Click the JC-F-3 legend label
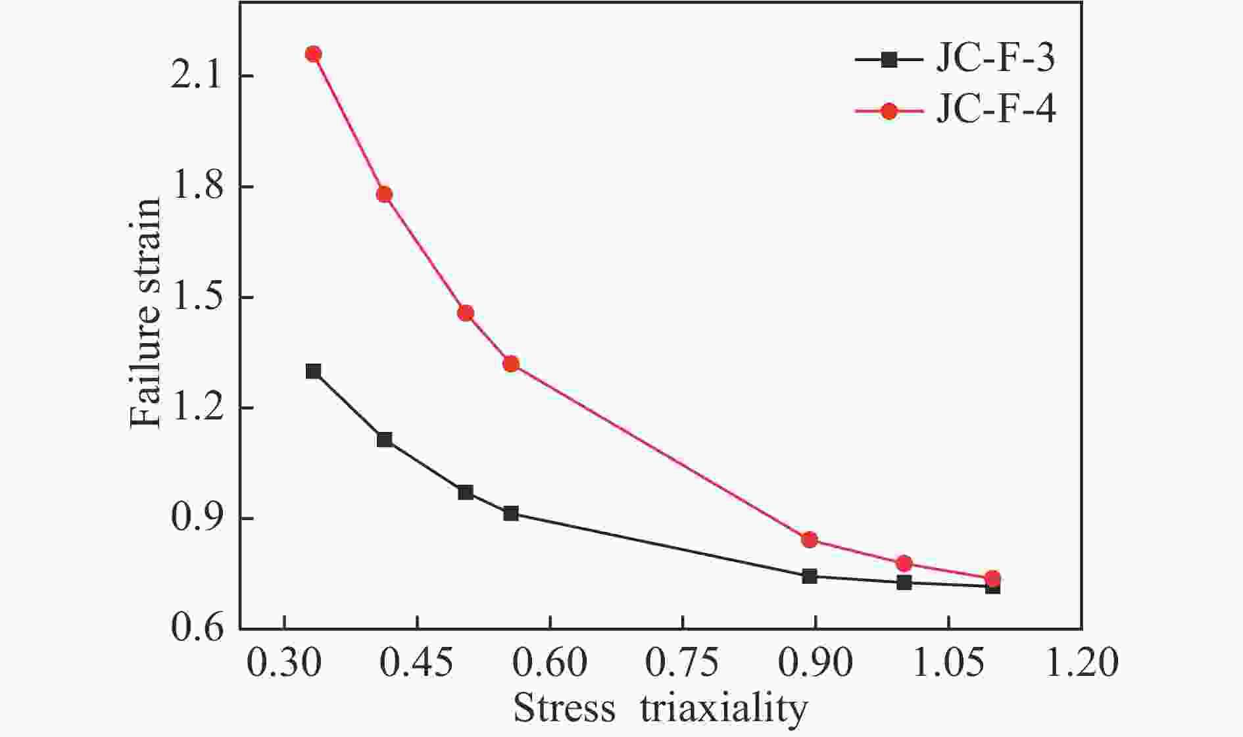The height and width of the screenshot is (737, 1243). pyautogui.click(x=995, y=59)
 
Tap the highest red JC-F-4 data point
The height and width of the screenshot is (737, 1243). pyautogui.click(x=313, y=54)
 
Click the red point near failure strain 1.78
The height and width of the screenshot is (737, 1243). pyautogui.click(x=384, y=194)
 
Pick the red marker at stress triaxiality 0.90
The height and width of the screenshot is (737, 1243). pyautogui.click(x=810, y=540)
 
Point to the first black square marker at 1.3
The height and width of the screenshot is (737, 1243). pyautogui.click(x=313, y=371)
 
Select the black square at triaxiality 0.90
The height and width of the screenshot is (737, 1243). pyautogui.click(x=810, y=576)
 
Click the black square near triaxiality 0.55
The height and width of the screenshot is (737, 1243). pyautogui.click(x=511, y=513)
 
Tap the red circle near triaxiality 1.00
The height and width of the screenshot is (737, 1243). pyautogui.click(x=904, y=563)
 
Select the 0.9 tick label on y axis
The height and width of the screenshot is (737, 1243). pyautogui.click(x=195, y=519)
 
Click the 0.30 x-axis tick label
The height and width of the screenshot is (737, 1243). pyautogui.click(x=284, y=663)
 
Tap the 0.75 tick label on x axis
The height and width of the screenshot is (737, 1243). pyautogui.click(x=682, y=663)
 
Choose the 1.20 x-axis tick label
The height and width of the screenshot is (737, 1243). pyautogui.click(x=1081, y=663)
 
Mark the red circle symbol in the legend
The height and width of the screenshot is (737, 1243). pyautogui.click(x=889, y=111)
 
